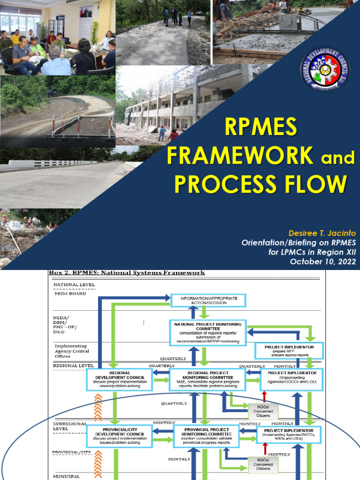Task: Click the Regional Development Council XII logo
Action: (x=324, y=68)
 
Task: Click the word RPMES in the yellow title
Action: (x=261, y=128)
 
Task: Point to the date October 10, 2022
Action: (x=323, y=261)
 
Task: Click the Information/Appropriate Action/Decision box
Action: (x=204, y=300)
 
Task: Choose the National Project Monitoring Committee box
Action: (x=208, y=332)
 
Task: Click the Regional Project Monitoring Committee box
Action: (x=207, y=380)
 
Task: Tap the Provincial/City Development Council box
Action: (x=119, y=436)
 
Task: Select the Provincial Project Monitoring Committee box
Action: (x=207, y=436)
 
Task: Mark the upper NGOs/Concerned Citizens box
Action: (x=263, y=411)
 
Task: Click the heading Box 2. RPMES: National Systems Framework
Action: (x=127, y=273)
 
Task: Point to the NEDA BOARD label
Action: (x=70, y=293)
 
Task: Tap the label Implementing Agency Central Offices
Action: (x=72, y=351)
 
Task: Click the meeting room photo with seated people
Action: (x=58, y=38)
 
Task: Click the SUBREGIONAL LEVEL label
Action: (x=70, y=426)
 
